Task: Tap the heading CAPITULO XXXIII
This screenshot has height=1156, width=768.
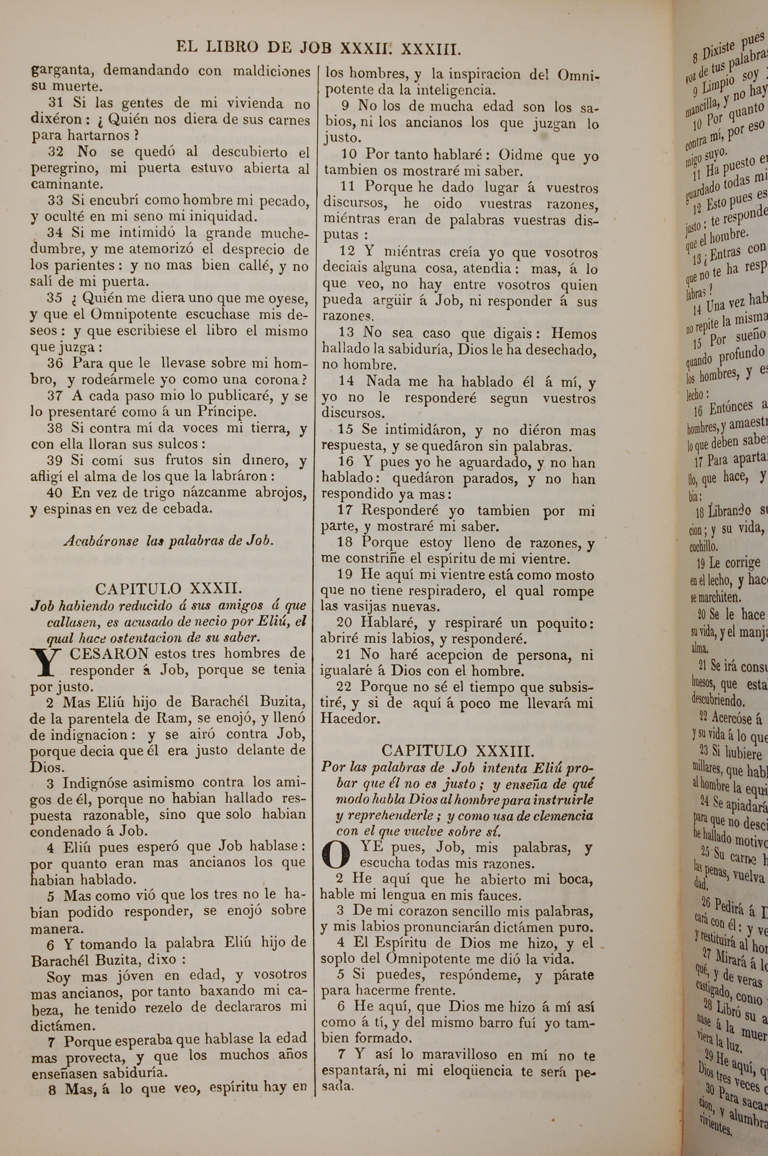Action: click(x=457, y=751)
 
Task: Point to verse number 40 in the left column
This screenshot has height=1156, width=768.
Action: click(x=55, y=492)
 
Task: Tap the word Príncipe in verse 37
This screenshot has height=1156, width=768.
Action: click(x=227, y=411)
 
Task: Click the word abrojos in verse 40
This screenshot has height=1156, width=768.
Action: click(x=279, y=492)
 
